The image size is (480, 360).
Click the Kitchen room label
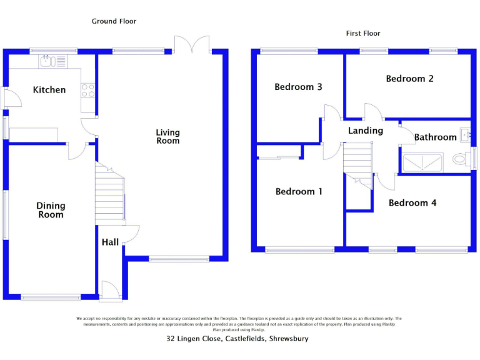(x=49, y=90)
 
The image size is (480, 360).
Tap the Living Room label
(x=167, y=136)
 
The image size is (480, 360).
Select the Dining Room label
(x=51, y=210)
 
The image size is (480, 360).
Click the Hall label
(x=110, y=242)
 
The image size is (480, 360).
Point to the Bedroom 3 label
(x=298, y=87)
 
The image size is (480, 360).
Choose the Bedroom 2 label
(x=409, y=79)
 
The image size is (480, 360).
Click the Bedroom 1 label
(x=299, y=192)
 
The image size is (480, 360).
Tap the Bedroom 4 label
(x=412, y=203)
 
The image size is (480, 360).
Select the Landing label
(x=365, y=131)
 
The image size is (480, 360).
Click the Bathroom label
(x=435, y=137)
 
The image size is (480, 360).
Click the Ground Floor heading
(x=114, y=21)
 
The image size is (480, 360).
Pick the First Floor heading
(x=363, y=33)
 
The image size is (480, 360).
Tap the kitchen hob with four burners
(x=88, y=91)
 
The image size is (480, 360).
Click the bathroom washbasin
(x=464, y=133)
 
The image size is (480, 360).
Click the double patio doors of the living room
(x=192, y=45)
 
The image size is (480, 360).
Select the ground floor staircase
(x=110, y=194)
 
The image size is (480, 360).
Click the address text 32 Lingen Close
(x=237, y=339)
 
